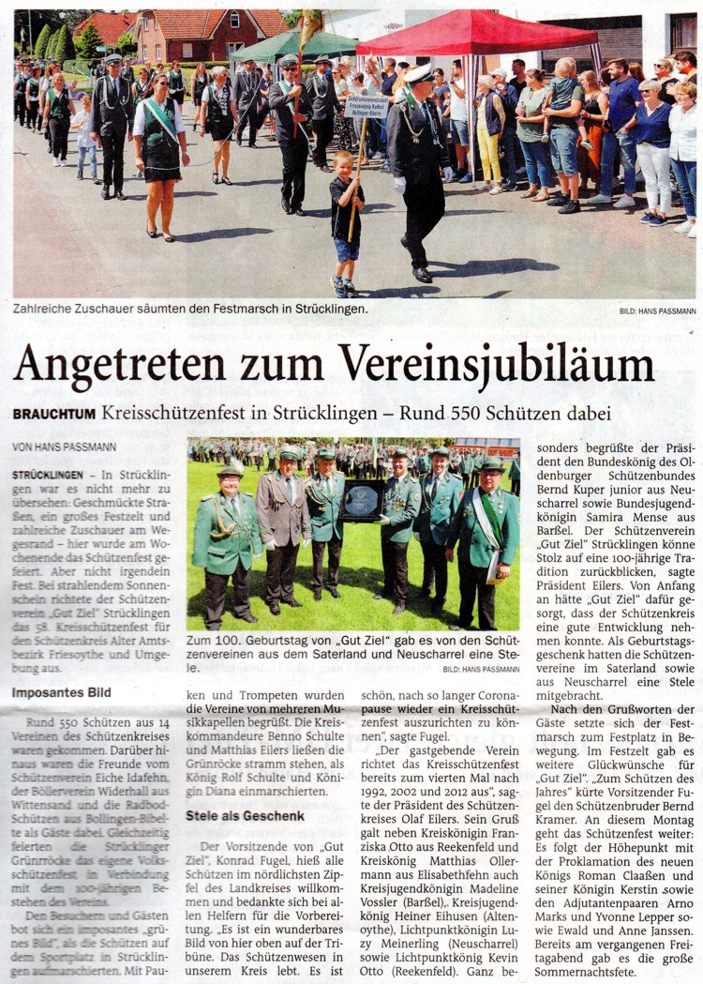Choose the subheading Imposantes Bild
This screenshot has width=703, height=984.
tap(62, 693)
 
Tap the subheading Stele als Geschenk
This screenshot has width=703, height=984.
tap(246, 816)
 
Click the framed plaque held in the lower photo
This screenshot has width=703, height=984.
tap(361, 502)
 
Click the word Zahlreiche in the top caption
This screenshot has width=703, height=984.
tap(46, 308)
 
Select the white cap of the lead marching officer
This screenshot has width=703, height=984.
tap(418, 73)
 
